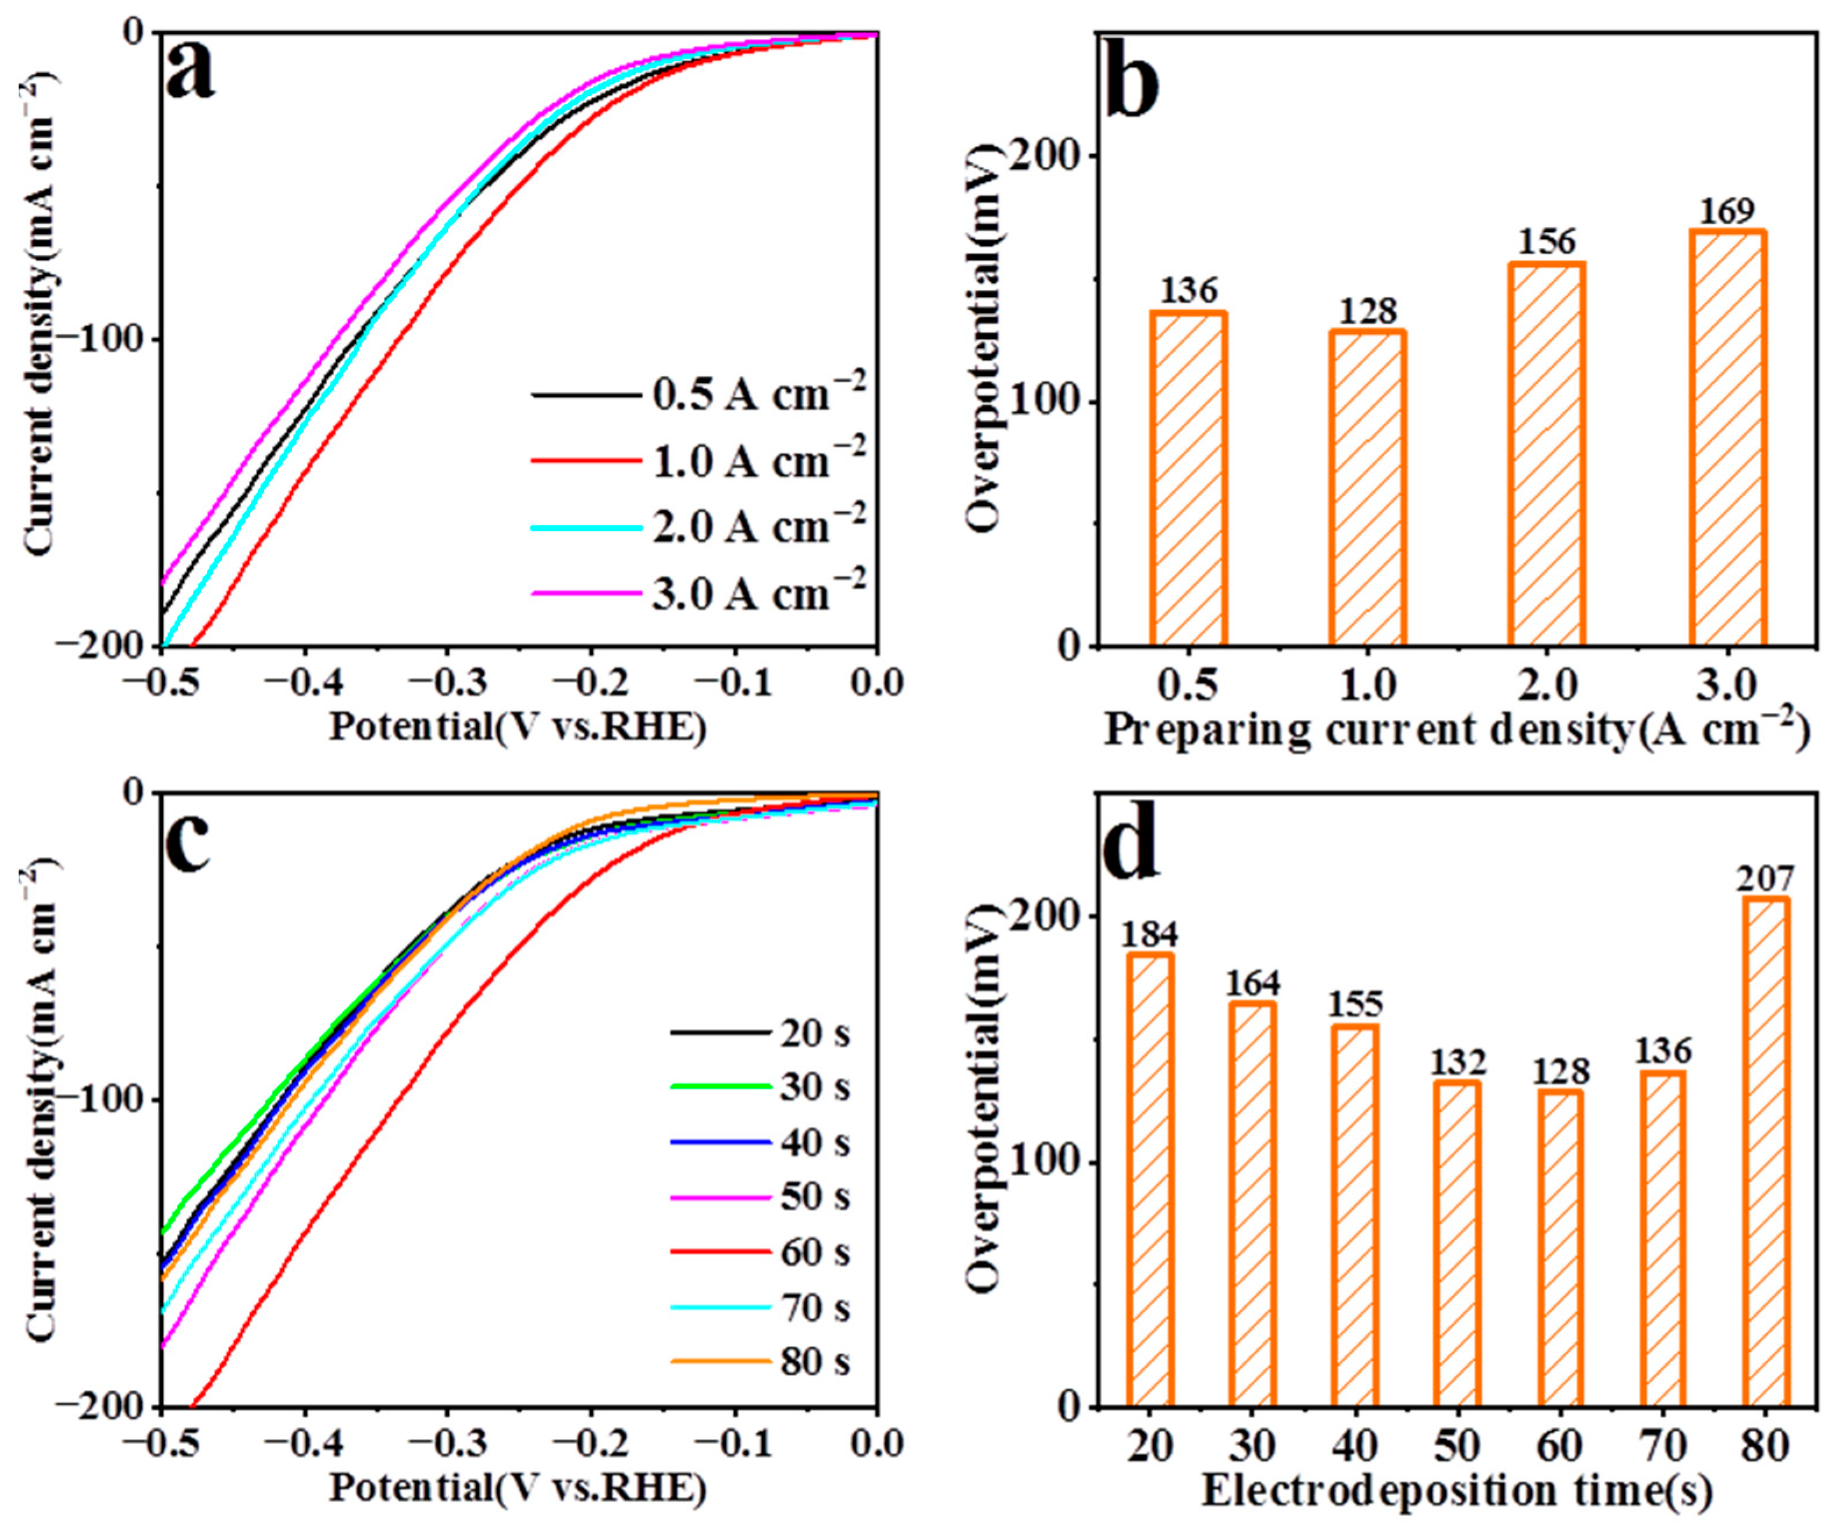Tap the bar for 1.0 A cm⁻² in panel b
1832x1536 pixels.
point(1367,488)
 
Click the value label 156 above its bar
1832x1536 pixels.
point(1547,242)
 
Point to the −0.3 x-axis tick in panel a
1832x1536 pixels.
point(448,683)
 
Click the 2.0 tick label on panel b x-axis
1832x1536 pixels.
point(1547,685)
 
